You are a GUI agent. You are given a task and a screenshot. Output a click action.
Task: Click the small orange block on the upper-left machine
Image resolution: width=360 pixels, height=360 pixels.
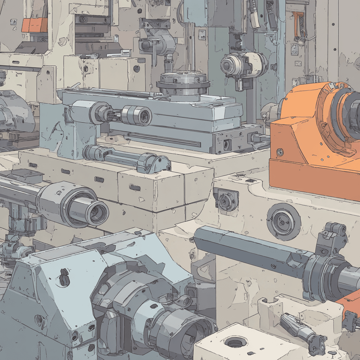(34, 25)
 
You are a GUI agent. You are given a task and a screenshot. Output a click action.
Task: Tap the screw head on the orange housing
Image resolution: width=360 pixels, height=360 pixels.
(280, 152)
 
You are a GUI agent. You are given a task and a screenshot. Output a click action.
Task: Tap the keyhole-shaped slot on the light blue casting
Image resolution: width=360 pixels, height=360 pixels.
(64, 277)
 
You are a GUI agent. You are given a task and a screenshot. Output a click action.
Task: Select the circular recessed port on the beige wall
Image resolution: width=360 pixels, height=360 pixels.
(283, 222)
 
